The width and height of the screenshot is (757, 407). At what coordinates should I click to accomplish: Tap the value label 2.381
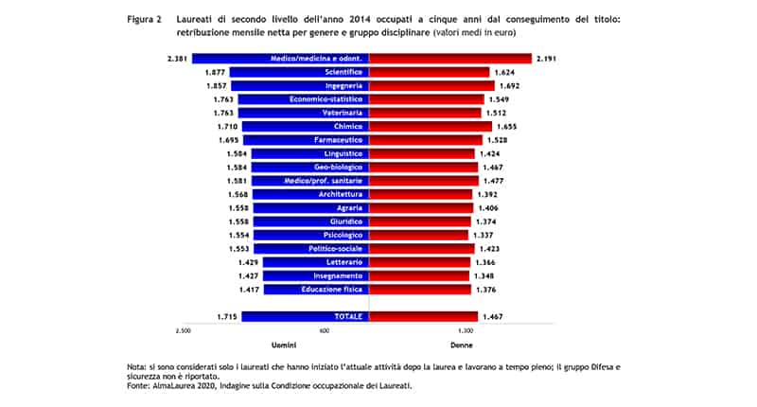click(x=175, y=59)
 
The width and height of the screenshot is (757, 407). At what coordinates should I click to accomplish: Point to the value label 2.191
click(x=546, y=59)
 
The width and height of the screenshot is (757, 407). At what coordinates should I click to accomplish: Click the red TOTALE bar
click(x=421, y=316)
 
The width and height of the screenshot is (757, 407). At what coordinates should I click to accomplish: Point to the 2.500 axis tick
click(x=184, y=331)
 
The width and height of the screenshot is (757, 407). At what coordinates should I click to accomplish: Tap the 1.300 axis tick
click(x=466, y=331)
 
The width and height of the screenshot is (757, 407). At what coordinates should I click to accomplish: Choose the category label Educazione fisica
click(x=332, y=289)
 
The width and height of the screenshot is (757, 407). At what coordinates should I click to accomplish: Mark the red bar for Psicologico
click(x=418, y=234)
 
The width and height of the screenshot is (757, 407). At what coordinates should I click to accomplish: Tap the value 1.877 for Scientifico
click(x=214, y=72)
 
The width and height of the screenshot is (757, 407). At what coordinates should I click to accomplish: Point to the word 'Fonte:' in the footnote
click(x=138, y=386)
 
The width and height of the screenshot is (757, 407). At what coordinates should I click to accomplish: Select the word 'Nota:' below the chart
click(x=137, y=365)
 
